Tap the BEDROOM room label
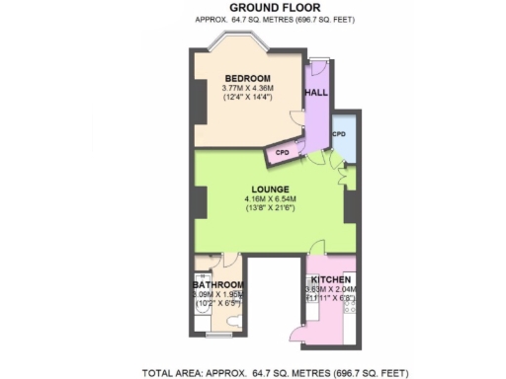point(247,79)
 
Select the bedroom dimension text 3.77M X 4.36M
point(247,91)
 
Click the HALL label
point(316,92)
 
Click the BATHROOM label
point(218,285)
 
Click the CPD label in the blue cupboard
point(339,133)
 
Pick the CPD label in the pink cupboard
point(282,153)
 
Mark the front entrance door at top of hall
point(318,67)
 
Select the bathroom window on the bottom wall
point(218,338)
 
